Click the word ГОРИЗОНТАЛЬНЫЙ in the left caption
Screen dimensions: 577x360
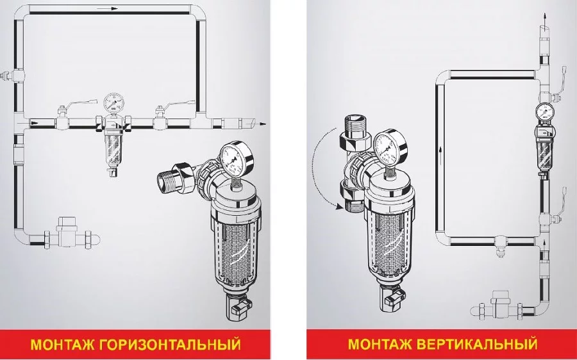(170, 345)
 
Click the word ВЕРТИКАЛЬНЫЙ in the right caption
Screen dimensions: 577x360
(478, 344)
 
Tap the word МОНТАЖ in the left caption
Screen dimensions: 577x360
(63, 345)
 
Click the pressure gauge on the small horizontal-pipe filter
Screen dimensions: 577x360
(113, 102)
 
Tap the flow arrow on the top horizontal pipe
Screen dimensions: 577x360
(110, 8)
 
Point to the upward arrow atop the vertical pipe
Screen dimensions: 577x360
(545, 18)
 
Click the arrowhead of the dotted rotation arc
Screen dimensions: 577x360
(338, 208)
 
